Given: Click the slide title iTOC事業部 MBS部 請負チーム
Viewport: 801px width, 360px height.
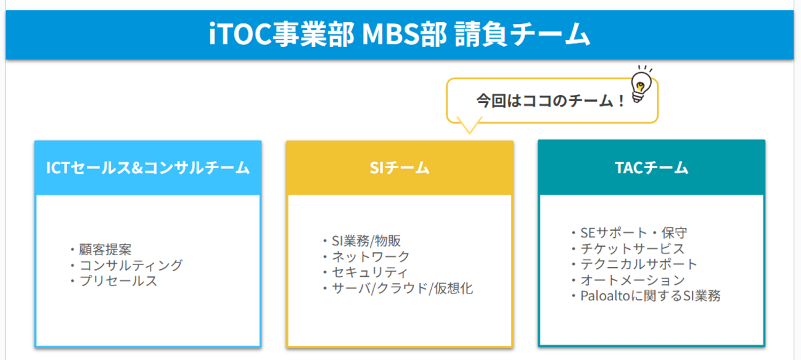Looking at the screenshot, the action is [399, 35].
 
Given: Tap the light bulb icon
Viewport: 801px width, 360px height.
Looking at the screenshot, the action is [641, 84].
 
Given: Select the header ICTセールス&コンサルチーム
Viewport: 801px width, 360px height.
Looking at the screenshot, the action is [148, 168].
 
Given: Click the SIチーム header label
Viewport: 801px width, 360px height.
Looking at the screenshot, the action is [400, 168].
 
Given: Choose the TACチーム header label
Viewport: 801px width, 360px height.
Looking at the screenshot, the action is [652, 168].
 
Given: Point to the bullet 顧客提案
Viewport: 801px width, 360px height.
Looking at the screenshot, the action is [105, 250].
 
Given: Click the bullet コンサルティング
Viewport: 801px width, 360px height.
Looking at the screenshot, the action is [131, 265].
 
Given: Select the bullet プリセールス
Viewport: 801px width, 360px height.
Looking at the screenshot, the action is [118, 281].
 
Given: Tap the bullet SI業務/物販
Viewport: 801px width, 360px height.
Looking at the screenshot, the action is [366, 240].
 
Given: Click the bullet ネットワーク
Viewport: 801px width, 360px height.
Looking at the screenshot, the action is [371, 256].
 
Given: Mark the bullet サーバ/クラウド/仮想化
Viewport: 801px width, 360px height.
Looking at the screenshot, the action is [402, 288].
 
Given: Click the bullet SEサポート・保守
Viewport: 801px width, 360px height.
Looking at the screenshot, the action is [634, 233].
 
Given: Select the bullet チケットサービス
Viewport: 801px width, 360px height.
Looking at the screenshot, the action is [632, 248].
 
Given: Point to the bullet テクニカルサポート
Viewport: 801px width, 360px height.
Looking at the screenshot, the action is [639, 264].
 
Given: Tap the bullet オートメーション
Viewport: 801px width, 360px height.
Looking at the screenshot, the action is [633, 280].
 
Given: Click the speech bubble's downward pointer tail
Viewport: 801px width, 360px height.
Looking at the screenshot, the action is [469, 126].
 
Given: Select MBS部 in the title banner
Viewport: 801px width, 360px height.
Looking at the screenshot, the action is [405, 35].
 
